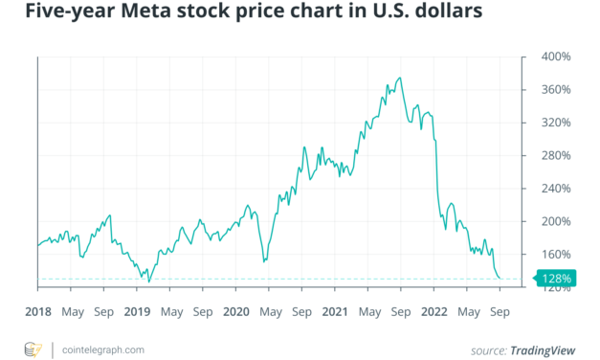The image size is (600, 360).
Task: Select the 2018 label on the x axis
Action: coord(39,311)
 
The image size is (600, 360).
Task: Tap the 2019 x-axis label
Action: coord(138,311)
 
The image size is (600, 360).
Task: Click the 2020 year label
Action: coord(236,311)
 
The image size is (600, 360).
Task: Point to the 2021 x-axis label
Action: coord(335,311)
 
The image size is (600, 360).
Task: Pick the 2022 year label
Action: coord(434,311)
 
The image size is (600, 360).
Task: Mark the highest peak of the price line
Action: coord(399,78)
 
